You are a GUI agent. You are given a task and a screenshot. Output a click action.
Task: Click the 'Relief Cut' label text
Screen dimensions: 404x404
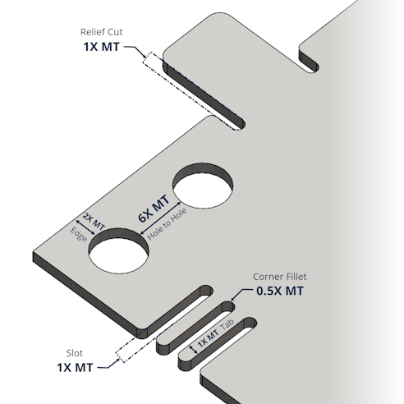pos(101,32)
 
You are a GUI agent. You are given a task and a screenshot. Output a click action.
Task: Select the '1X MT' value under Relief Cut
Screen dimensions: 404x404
pos(101,47)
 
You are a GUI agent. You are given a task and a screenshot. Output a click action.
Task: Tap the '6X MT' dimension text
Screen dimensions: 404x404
pos(154,209)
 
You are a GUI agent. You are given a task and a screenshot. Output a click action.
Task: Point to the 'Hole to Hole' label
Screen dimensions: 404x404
pos(167,224)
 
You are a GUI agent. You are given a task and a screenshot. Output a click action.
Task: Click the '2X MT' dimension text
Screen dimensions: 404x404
pos(94,221)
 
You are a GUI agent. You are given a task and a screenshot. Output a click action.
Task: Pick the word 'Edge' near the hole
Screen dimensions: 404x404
pos(79,235)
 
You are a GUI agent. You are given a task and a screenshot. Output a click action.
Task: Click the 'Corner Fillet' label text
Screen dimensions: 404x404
pos(280,277)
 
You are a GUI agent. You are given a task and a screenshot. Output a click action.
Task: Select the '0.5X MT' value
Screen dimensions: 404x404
pos(280,291)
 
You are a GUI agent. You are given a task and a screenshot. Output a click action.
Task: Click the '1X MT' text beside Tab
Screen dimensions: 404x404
pos(208,338)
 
